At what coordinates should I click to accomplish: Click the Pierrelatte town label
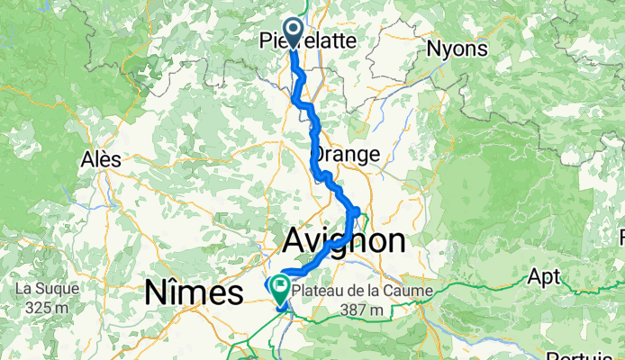(306, 40)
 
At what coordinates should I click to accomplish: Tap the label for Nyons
(458, 48)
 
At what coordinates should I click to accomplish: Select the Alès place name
(100, 158)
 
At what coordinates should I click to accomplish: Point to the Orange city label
(346, 154)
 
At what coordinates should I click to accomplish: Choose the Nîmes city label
(194, 292)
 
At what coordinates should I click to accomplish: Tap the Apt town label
(544, 274)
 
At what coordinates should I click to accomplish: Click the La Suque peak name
(46, 290)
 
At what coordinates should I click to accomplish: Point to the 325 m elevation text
(46, 309)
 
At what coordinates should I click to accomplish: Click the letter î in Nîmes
(169, 292)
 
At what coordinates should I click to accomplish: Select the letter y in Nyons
(448, 49)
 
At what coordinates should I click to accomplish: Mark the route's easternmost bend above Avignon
(358, 211)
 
